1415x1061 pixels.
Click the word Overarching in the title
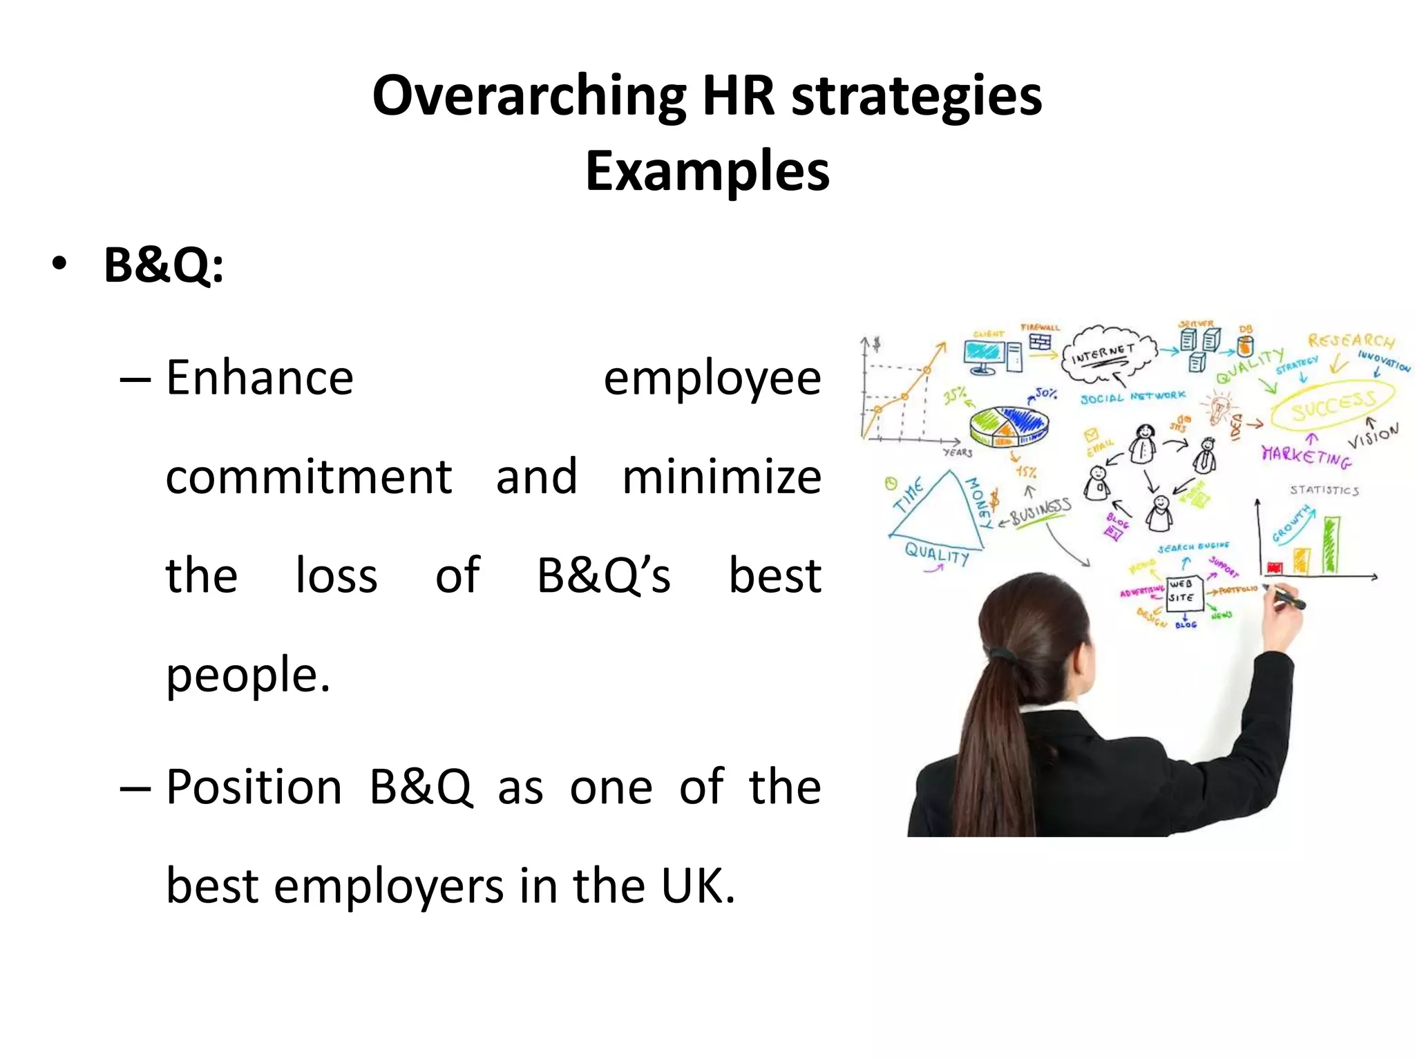(529, 97)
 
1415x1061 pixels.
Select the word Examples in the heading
(707, 171)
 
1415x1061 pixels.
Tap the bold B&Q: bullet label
(164, 265)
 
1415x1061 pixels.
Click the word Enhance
(260, 379)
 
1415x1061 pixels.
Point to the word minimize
(721, 477)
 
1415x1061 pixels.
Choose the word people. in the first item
(248, 675)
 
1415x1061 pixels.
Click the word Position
(254, 787)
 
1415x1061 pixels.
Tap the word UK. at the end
(697, 886)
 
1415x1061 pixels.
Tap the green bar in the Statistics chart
(1331, 544)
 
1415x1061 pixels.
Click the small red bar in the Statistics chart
(1274, 568)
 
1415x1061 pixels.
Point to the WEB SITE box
(1184, 592)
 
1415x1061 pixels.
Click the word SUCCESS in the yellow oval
(1333, 405)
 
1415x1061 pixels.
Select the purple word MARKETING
(1305, 457)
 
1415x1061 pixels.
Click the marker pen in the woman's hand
(1288, 598)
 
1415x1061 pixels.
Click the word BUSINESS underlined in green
(1041, 512)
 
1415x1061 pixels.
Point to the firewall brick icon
(1040, 342)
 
